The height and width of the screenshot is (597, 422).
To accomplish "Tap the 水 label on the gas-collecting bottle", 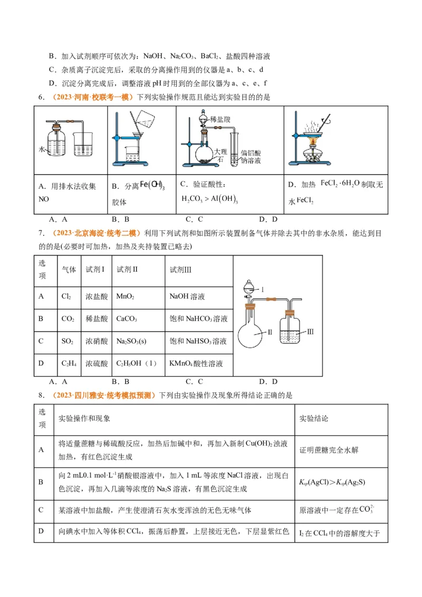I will pos(42,150).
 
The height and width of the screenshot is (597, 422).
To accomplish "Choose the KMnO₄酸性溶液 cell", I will pos(196,364).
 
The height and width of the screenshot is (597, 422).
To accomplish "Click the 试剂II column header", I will pos(127,269).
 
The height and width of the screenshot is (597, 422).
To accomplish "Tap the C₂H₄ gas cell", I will pos(67,364).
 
